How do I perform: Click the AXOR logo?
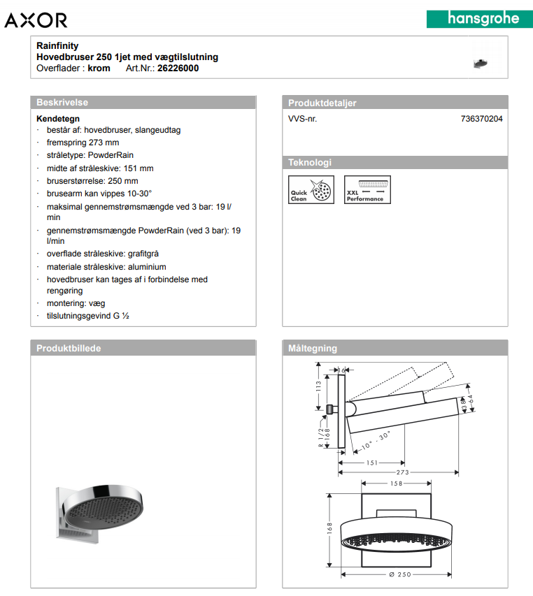pyautogui.click(x=36, y=20)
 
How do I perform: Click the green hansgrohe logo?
pyautogui.click(x=474, y=18)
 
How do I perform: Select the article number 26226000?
pyautogui.click(x=178, y=68)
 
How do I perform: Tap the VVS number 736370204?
pyautogui.click(x=481, y=119)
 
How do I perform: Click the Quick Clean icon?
pyautogui.click(x=306, y=189)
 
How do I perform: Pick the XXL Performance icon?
pyautogui.click(x=367, y=189)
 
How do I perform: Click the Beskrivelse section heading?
pyautogui.click(x=62, y=103)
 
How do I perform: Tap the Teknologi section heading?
pyautogui.click(x=310, y=163)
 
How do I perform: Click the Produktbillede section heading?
pyautogui.click(x=69, y=348)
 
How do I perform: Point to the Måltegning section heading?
pyautogui.click(x=313, y=348)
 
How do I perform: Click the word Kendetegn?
pyautogui.click(x=58, y=119)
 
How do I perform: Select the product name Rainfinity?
pyautogui.click(x=57, y=46)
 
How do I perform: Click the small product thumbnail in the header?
pyautogui.click(x=480, y=61)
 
